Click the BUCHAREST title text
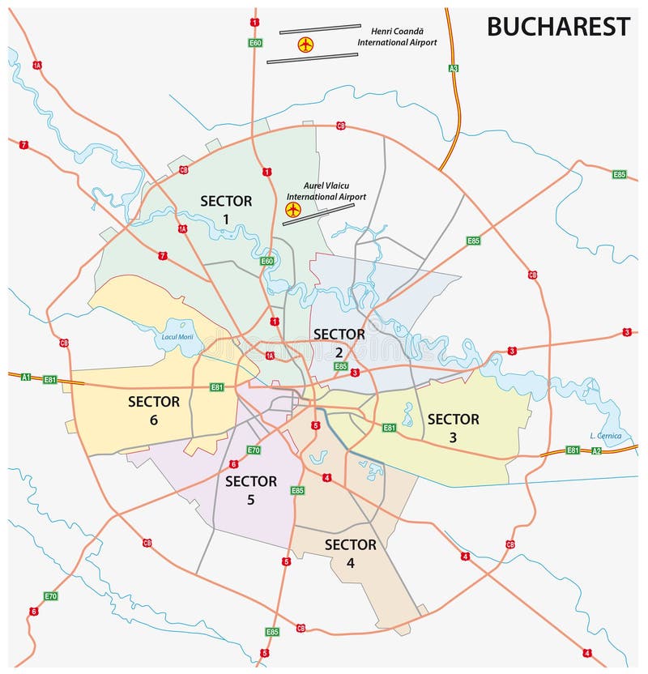[557, 27]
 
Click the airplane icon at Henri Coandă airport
[305, 44]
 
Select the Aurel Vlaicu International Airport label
[326, 190]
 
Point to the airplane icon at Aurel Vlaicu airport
[292, 210]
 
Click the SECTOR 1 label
[226, 210]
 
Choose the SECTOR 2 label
[339, 343]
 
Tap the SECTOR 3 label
[453, 428]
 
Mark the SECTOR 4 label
[350, 553]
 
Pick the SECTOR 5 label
[250, 490]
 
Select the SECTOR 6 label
[153, 410]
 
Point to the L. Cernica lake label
[605, 436]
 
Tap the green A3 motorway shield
[454, 68]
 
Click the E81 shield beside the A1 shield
[50, 379]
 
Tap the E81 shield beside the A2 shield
[573, 450]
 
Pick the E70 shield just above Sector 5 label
[254, 450]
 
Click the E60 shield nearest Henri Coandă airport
[255, 42]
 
